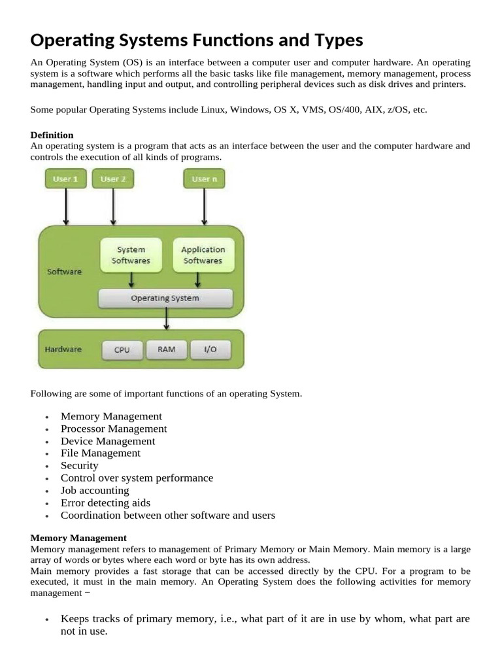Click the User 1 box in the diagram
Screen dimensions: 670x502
coord(65,179)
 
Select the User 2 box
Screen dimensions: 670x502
coord(114,179)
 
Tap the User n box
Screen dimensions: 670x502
coord(204,179)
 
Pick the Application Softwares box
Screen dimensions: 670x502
coord(203,255)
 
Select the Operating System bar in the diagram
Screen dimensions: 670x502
coord(165,298)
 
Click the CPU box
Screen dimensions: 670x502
coord(122,350)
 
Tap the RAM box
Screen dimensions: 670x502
coord(167,349)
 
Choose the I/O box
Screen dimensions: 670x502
coord(210,350)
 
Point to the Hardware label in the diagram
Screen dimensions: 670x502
coord(63,349)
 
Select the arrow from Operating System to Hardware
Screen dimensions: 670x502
coord(167,319)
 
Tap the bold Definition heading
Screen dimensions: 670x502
coord(52,135)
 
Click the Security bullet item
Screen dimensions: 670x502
coord(79,466)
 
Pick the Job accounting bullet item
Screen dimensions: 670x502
coord(95,491)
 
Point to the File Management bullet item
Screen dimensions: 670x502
coord(100,453)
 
